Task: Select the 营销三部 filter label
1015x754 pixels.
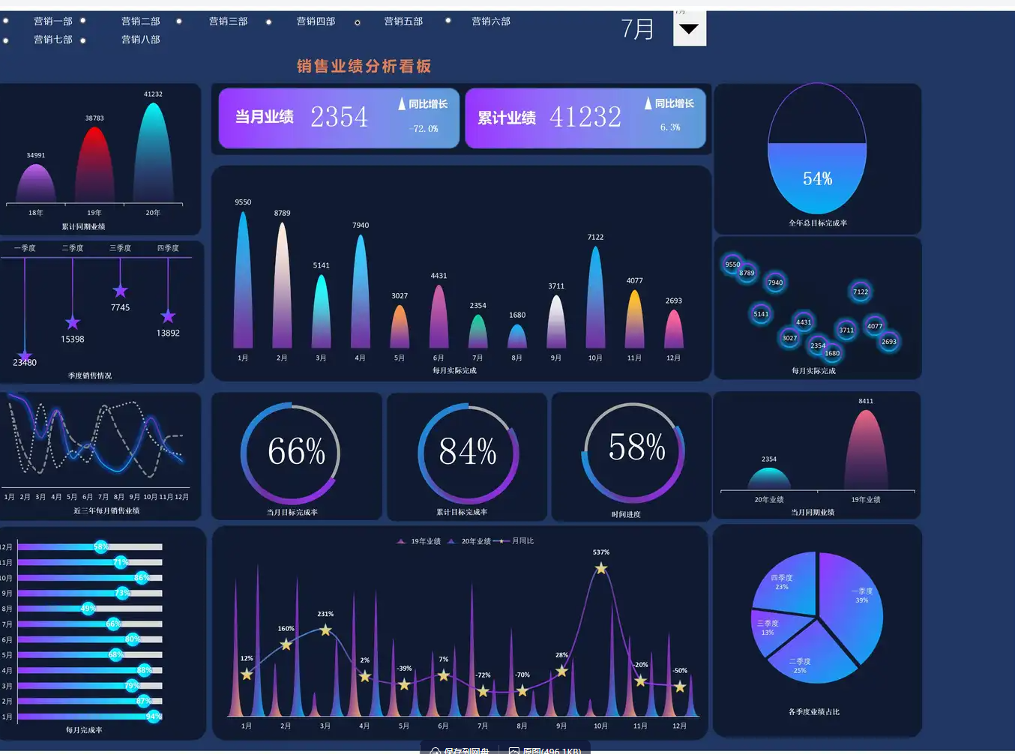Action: pos(228,22)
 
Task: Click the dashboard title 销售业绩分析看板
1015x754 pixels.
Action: pos(364,67)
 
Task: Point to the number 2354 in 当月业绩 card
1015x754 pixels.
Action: pos(339,117)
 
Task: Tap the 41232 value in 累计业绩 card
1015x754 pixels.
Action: pos(585,117)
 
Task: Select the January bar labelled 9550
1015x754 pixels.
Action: pos(243,285)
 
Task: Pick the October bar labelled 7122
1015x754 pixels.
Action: pos(596,300)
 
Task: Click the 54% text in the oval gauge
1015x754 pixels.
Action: pos(817,179)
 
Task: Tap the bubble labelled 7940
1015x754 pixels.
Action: pos(775,283)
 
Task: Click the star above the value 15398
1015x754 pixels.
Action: pos(73,323)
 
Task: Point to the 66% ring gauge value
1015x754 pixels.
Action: pos(296,452)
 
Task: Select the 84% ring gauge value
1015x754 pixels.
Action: pos(468,452)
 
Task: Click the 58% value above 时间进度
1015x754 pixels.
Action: pos(636,448)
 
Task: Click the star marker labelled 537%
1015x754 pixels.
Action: pos(601,569)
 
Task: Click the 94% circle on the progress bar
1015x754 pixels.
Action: pos(153,717)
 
